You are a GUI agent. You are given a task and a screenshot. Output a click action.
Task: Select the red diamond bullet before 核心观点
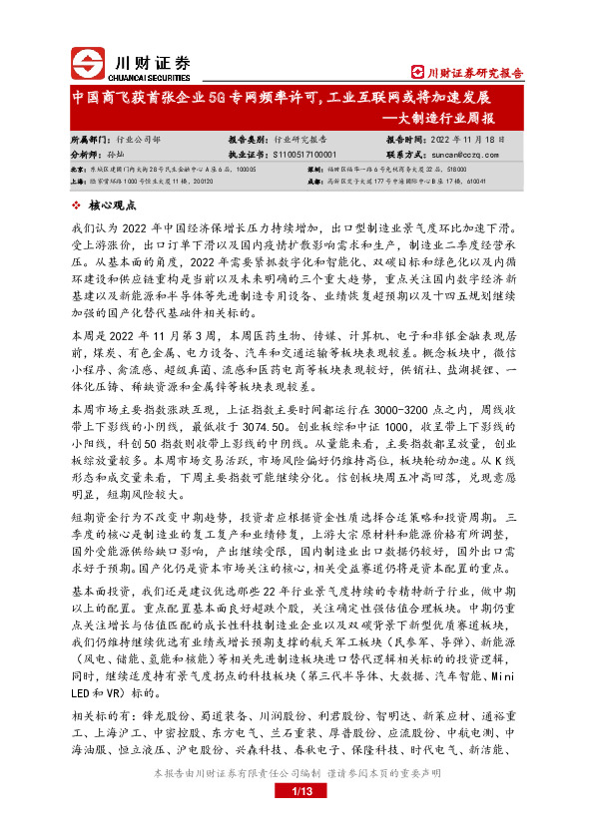[78, 206]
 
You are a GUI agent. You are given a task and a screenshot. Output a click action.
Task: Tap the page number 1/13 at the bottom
[297, 791]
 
